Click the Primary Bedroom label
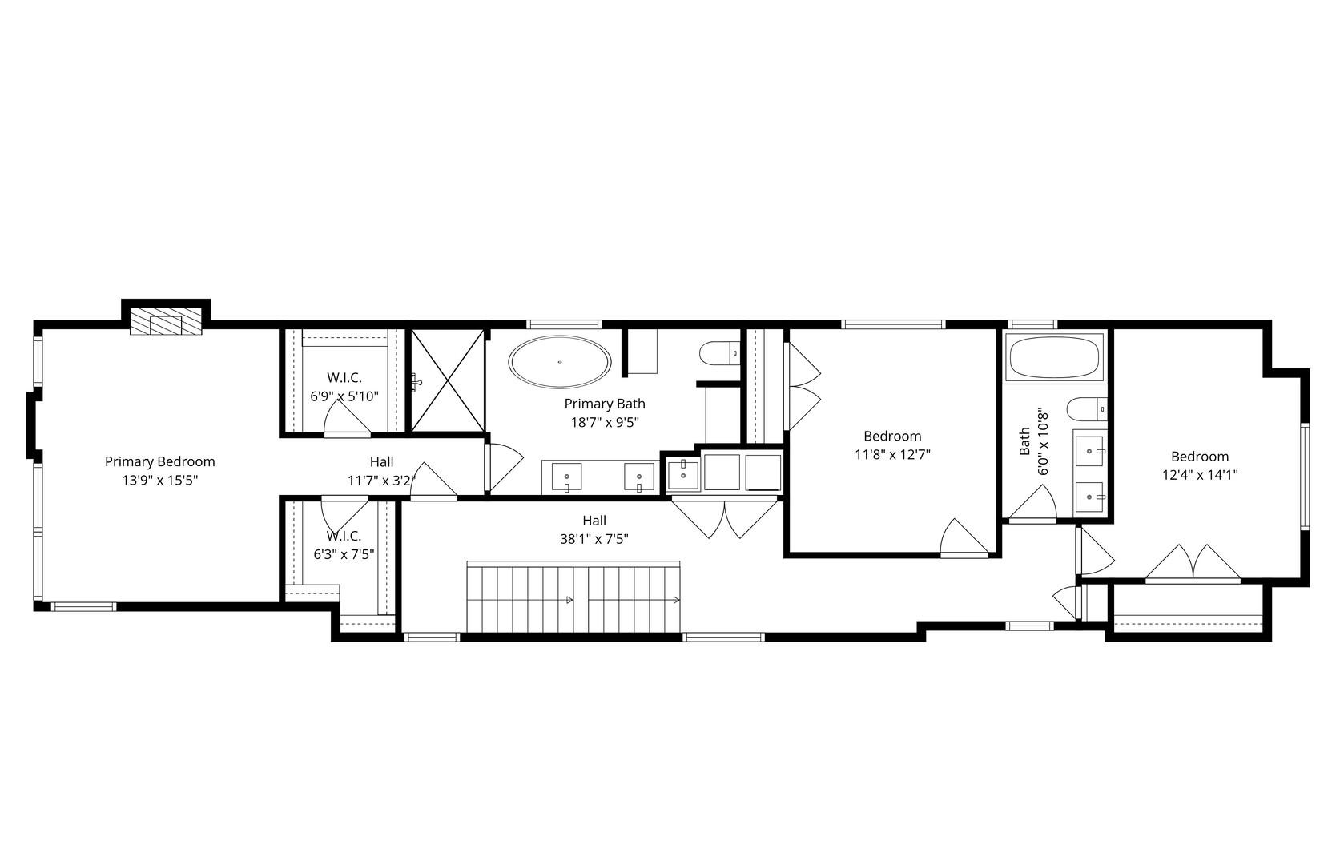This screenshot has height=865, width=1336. click(x=159, y=461)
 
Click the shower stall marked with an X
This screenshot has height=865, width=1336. click(x=447, y=380)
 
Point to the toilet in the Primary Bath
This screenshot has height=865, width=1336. click(x=718, y=352)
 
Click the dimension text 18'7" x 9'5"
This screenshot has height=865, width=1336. click(x=604, y=422)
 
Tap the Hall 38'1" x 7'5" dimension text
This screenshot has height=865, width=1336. click(x=594, y=539)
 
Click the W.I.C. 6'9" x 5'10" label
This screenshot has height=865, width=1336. click(x=344, y=396)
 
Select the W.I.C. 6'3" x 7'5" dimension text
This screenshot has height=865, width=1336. click(x=344, y=553)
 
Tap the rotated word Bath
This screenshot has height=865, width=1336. click(x=1024, y=441)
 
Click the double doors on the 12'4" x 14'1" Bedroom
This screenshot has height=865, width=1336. click(x=1193, y=563)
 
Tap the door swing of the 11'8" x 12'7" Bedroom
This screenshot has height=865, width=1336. click(x=964, y=538)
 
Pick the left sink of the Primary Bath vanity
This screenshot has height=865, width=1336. click(x=567, y=477)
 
